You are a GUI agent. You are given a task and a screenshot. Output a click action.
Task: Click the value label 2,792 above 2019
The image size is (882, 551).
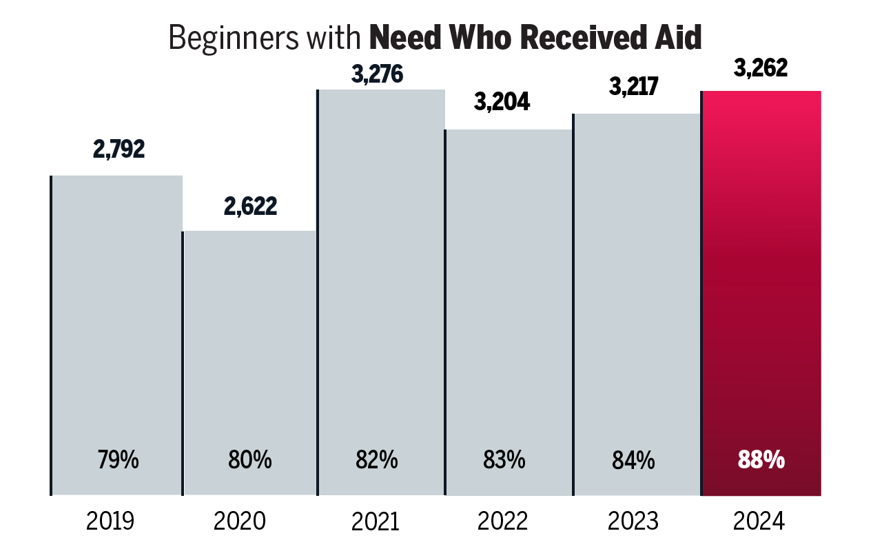coord(119,150)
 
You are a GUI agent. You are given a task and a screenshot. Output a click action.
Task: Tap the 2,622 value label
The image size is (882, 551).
coord(250,206)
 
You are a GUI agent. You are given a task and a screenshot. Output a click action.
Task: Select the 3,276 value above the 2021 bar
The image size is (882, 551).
coord(376,74)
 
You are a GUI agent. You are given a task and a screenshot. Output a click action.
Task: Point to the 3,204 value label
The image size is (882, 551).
coord(502,102)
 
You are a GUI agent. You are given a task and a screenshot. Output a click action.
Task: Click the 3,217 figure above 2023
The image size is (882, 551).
coord(633,87)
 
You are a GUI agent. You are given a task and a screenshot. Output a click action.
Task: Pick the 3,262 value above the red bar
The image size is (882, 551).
coord(760,69)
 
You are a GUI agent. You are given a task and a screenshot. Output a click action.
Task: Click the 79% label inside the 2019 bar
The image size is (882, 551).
coord(119,460)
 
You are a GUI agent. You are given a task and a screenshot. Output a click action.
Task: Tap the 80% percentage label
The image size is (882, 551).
coord(250,460)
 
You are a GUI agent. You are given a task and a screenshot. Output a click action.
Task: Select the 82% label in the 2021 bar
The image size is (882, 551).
coord(377,460)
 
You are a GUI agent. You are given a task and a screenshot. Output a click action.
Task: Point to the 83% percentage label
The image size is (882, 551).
coord(504,460)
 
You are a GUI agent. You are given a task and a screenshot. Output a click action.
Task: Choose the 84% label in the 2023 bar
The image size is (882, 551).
coord(633,460)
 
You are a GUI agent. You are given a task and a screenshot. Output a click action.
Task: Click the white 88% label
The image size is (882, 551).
coord(761,460)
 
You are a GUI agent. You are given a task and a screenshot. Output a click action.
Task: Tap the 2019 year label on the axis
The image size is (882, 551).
coord(110,521)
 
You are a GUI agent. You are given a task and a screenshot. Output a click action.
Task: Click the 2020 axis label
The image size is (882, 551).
coord(239,521)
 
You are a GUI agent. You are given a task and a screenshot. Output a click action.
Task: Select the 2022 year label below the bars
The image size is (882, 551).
coord(504,521)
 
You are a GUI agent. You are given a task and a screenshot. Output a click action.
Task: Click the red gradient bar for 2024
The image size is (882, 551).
coord(761,275)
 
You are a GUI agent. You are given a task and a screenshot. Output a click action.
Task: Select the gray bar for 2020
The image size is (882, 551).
coord(250,344)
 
